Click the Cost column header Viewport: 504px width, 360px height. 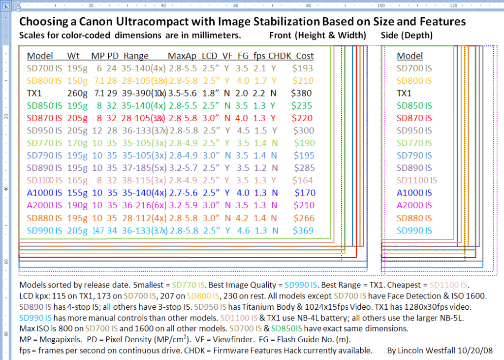pos(305,56)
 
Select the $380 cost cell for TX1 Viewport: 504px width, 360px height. pos(302,93)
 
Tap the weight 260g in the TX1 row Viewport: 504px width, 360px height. pos(77,93)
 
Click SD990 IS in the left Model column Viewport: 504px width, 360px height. pos(44,230)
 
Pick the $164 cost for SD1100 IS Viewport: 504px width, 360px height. pos(302,180)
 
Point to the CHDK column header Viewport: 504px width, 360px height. pos(280,56)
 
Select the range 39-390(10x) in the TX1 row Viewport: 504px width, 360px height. pos(144,93)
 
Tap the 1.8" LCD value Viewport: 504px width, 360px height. pos(210,93)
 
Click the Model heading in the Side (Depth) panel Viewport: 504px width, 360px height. pos(409,56)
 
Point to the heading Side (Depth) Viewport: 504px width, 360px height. pos(407,35)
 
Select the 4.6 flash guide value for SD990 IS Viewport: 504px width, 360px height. pos(244,230)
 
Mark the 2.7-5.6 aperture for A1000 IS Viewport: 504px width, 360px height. pos(183,193)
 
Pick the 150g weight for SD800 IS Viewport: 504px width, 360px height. pos(77,80)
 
